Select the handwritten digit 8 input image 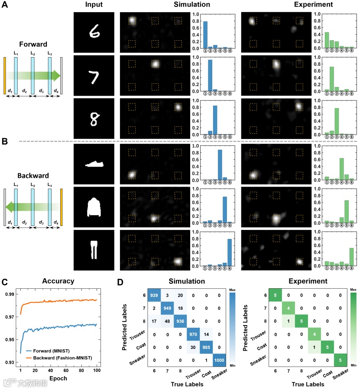pyautogui.click(x=94, y=118)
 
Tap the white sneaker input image pyautogui.click(x=94, y=164)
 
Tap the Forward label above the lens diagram pyautogui.click(x=33, y=44)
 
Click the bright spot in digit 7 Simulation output pyautogui.click(x=155, y=64)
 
